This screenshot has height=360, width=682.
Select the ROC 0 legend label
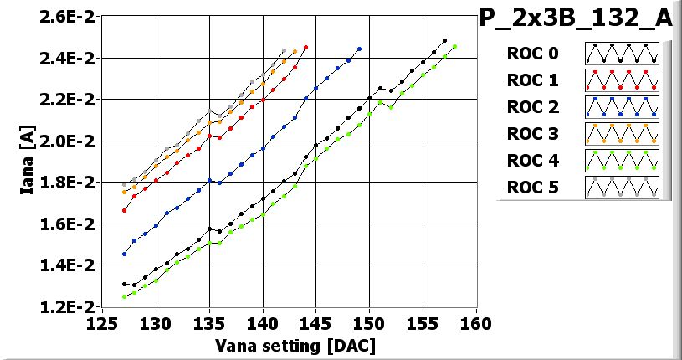pyautogui.click(x=532, y=54)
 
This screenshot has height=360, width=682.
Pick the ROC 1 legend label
pyautogui.click(x=532, y=80)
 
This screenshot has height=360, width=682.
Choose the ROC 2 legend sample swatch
pyautogui.click(x=622, y=106)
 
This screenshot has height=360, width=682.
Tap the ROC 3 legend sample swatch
pyautogui.click(x=622, y=133)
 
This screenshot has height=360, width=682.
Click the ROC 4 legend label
pyautogui.click(x=532, y=160)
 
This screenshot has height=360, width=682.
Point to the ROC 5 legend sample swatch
pyautogui.click(x=622, y=187)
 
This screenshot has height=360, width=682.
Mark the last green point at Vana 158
pyautogui.click(x=454, y=47)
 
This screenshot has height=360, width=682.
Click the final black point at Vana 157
pyautogui.click(x=444, y=40)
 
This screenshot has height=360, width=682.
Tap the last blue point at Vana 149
pyautogui.click(x=359, y=49)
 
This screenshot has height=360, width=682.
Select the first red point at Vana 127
pyautogui.click(x=124, y=210)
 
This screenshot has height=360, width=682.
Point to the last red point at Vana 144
pyautogui.click(x=305, y=48)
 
